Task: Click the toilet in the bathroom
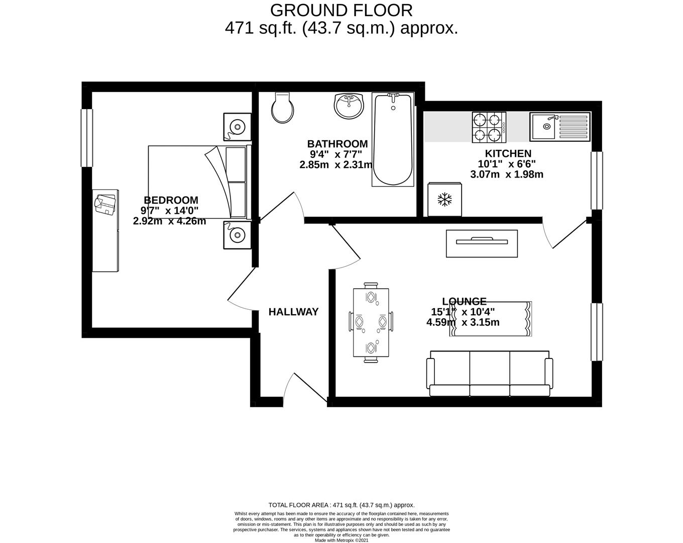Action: coord(282,108)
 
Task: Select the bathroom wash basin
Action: coord(348,106)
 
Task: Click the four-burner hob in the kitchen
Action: coord(488,127)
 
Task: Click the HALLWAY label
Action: coord(293,312)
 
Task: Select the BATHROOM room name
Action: coord(337,144)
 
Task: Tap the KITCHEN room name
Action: coord(508,153)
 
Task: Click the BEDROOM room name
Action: coord(171,200)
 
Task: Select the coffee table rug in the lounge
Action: coord(491,319)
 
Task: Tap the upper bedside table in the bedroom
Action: coord(237,126)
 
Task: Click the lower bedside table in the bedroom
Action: coord(237,235)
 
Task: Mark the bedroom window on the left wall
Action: coord(87,138)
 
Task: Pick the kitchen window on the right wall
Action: coord(597,180)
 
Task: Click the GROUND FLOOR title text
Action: coord(341,10)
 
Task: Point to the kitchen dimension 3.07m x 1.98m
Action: coord(506,174)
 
